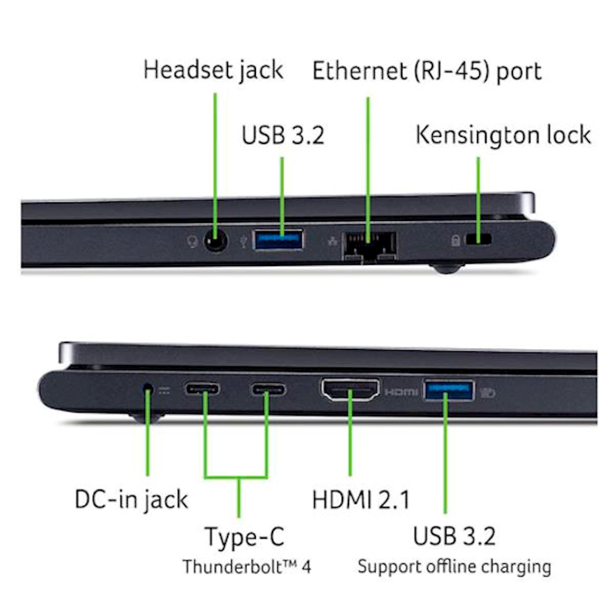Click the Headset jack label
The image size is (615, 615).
(213, 71)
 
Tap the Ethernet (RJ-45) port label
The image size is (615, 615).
(427, 72)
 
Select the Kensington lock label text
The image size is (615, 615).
(503, 136)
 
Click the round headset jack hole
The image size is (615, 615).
(216, 240)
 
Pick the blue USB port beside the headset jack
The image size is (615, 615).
(279, 240)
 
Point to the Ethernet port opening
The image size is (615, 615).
(369, 246)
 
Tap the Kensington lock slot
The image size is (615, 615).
(478, 239)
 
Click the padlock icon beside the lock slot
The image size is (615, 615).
(455, 240)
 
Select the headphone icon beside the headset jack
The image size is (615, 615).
(192, 241)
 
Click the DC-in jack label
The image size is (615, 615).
(132, 500)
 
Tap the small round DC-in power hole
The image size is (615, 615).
(148, 387)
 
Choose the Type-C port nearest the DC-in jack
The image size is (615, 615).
(202, 389)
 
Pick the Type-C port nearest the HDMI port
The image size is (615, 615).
(268, 389)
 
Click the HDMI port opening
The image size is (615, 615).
(350, 390)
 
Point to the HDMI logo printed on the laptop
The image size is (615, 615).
(401, 392)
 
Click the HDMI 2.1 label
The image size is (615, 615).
(361, 500)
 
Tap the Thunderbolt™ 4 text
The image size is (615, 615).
(247, 567)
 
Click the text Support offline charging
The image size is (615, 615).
(454, 567)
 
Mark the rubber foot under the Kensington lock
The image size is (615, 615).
(447, 268)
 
